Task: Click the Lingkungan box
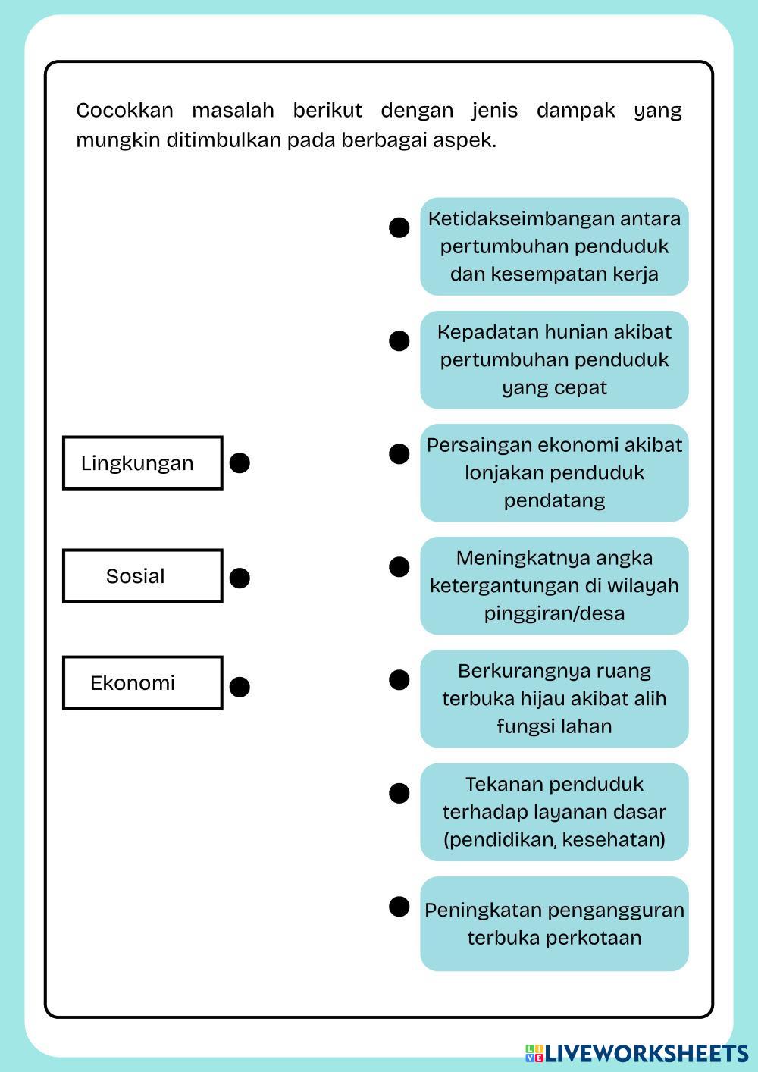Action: pyautogui.click(x=143, y=462)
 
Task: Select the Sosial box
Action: pyautogui.click(x=143, y=576)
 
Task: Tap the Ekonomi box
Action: pyautogui.click(x=143, y=682)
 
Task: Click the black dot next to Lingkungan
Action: pyautogui.click(x=240, y=463)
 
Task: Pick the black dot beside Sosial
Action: pyautogui.click(x=240, y=578)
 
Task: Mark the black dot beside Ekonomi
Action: pyautogui.click(x=240, y=687)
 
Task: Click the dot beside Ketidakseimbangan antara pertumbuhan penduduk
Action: pyautogui.click(x=399, y=227)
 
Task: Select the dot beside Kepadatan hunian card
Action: pyautogui.click(x=399, y=341)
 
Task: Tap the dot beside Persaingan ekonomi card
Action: pyautogui.click(x=399, y=454)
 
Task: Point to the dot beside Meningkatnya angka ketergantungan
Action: pyautogui.click(x=399, y=567)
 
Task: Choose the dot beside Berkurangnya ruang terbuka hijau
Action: pyautogui.click(x=399, y=680)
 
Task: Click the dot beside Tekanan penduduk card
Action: pyautogui.click(x=399, y=794)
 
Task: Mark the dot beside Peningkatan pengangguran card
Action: pyautogui.click(x=399, y=907)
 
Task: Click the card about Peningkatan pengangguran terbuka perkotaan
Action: pyautogui.click(x=554, y=923)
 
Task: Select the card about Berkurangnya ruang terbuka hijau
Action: pyautogui.click(x=554, y=698)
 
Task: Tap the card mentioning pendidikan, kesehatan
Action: pyautogui.click(x=554, y=812)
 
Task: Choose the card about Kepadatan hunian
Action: pyautogui.click(x=554, y=359)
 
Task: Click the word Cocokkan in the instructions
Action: pyautogui.click(x=124, y=111)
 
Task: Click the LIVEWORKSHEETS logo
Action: pyautogui.click(x=637, y=1053)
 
